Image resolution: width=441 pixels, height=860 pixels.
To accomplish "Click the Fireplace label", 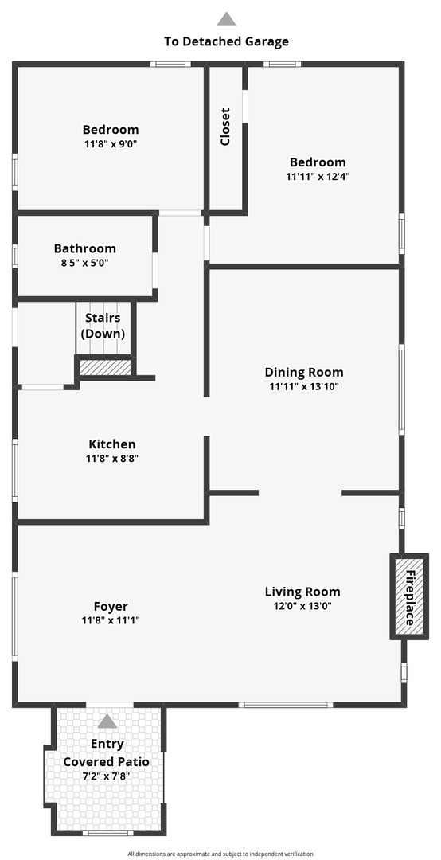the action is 409,598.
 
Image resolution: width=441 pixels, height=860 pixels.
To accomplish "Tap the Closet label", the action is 225,127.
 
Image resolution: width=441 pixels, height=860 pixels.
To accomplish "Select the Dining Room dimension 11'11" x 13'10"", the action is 304,386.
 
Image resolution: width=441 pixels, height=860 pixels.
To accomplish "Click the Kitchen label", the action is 112,444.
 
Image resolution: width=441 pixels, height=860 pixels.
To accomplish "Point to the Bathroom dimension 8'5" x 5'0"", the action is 84,263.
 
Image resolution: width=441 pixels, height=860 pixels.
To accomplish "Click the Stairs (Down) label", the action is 103,326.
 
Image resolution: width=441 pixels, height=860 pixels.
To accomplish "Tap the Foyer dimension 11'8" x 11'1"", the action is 110,620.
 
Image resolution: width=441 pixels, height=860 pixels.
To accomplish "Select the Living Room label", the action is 302,592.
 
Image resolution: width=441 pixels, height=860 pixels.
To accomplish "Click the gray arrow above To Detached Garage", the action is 226,19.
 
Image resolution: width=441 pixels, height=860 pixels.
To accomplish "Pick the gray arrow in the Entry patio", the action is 107,721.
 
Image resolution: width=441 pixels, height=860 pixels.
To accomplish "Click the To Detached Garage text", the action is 227,41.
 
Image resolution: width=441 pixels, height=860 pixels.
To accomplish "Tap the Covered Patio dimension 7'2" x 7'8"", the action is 107,776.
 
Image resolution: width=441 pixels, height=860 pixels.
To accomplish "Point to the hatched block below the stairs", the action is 105,367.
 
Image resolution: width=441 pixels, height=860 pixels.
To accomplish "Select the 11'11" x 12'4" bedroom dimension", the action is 318,177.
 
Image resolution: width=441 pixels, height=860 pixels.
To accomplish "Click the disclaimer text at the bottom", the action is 220,854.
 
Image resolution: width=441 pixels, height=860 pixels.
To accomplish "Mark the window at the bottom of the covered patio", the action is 107,833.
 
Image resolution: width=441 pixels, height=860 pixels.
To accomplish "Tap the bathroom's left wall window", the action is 15,256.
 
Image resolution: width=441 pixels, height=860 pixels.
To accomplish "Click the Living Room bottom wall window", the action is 286,705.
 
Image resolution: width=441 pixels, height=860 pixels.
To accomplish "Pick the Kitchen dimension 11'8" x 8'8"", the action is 112,459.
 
